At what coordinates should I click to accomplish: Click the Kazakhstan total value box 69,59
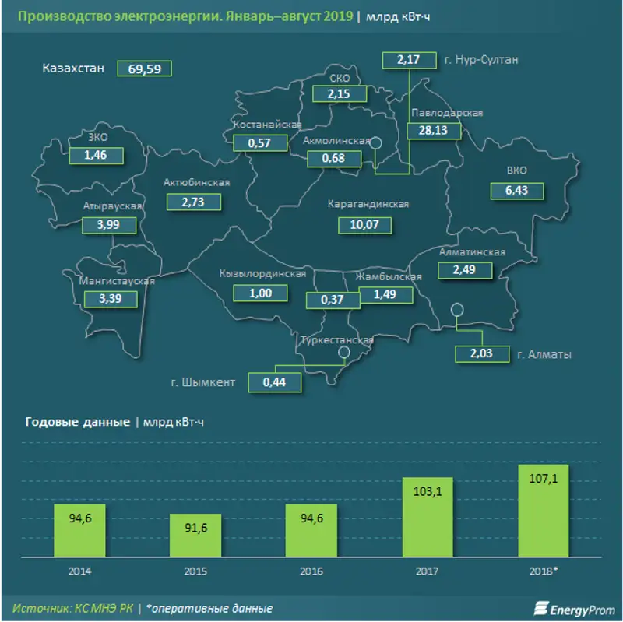144,69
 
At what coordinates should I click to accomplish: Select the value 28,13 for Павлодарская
433,131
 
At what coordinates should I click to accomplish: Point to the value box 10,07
365,225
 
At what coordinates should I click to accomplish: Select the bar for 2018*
544,511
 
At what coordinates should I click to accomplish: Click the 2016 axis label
311,571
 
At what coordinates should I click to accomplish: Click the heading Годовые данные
77,423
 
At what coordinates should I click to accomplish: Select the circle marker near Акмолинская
375,142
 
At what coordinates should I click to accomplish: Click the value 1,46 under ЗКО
98,156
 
